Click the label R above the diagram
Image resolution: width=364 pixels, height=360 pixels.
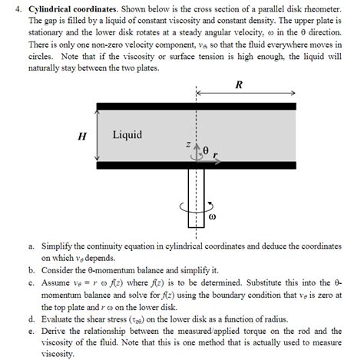[240, 85]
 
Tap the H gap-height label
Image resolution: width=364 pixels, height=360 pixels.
[81, 137]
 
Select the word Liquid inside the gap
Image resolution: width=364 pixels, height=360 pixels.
[127, 135]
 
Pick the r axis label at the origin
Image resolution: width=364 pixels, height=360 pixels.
[215, 154]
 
